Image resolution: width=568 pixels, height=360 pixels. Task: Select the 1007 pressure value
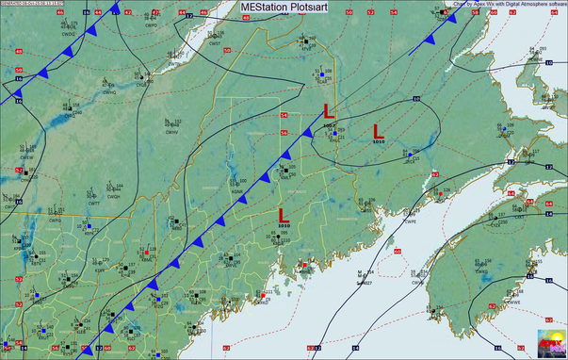pos(328,125)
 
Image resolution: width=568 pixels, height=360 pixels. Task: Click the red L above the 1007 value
pos(328,110)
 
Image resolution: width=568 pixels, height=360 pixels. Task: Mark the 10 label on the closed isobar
pos(415,99)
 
